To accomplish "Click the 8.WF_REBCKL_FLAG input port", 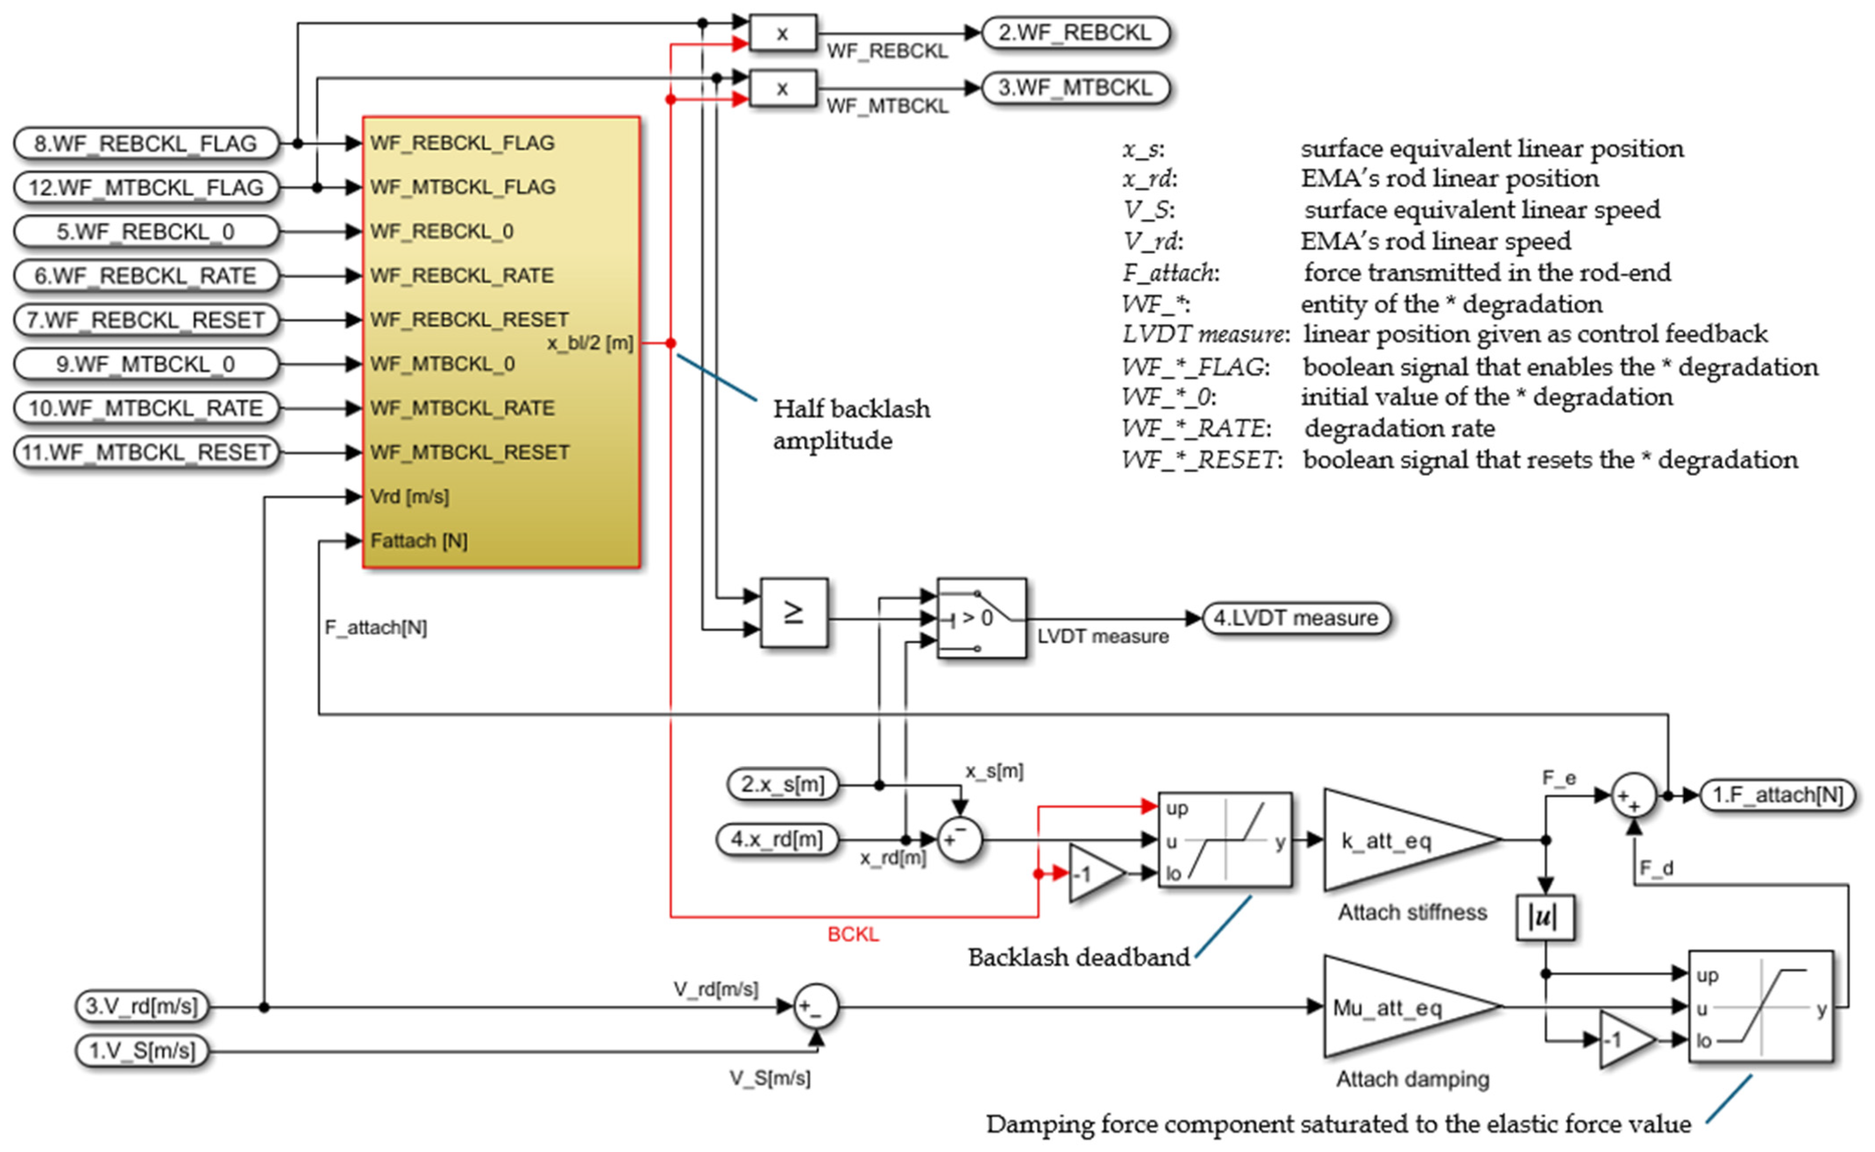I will [x=146, y=143].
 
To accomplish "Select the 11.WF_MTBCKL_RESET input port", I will [x=146, y=452].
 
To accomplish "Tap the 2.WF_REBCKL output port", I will [x=1075, y=33].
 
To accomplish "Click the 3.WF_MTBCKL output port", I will [x=1075, y=88].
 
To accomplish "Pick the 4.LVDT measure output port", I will [x=1296, y=618].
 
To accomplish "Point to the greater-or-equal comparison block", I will [x=794, y=613].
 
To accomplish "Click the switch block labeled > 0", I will [x=981, y=618].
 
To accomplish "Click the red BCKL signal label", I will [x=853, y=934].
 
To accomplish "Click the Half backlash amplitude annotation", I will [x=851, y=424].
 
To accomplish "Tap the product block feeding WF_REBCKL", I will [x=782, y=33].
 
